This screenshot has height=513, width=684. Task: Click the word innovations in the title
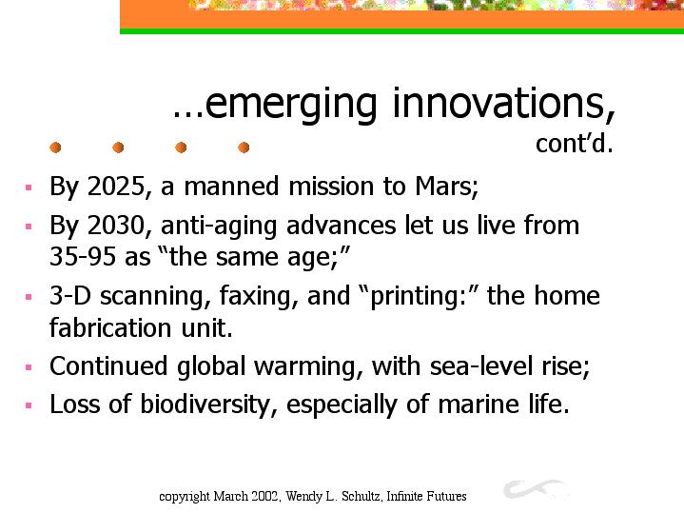click(504, 103)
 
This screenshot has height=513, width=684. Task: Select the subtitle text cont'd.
click(574, 143)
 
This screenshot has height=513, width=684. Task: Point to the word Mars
click(447, 187)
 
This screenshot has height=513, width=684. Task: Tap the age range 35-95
click(83, 256)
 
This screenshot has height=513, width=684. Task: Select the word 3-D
click(70, 296)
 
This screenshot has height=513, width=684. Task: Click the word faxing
click(259, 297)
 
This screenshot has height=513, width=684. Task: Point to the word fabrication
click(110, 327)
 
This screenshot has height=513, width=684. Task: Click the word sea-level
click(481, 365)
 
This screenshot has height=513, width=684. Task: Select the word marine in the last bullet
click(479, 404)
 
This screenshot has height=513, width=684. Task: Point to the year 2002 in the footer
click(267, 497)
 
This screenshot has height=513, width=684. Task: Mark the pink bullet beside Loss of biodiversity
click(29, 405)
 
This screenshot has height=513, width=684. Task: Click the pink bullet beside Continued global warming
click(29, 367)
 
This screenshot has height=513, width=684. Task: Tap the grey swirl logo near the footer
click(535, 488)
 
